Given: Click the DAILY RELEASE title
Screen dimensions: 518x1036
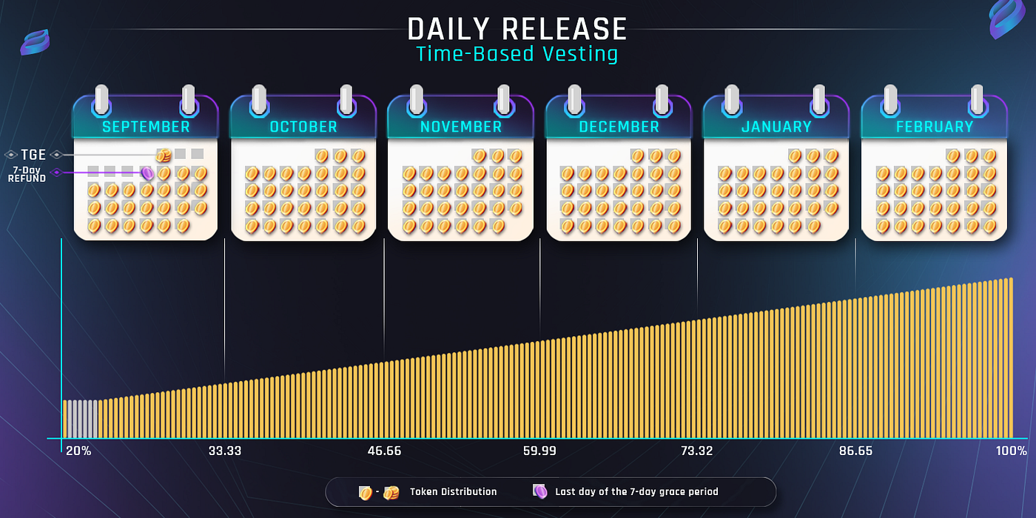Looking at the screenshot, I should point(517,30).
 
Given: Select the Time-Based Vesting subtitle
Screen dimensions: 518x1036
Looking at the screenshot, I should point(517,54).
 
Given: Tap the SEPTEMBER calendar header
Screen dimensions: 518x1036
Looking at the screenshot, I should point(146,127).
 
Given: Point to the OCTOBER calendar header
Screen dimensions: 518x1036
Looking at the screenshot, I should point(303,127).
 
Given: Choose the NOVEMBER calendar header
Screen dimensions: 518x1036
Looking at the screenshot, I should point(461,127).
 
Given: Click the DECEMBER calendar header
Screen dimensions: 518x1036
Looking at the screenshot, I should point(619,127).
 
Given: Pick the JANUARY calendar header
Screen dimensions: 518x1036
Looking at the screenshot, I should point(776,127).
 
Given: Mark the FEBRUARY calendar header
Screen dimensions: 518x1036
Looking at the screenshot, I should point(935,127).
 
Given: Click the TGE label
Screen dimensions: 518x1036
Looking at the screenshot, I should point(33,155).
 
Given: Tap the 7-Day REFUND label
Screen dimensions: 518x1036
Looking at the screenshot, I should point(27,175).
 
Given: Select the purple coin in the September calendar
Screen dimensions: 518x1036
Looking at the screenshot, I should point(147,173).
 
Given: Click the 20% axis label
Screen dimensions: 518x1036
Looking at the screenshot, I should point(78,451).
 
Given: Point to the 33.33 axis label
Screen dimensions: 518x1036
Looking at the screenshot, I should point(225,451).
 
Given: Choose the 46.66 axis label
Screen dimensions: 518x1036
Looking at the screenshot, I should point(383,451).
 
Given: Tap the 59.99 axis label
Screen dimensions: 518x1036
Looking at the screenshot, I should point(539,451).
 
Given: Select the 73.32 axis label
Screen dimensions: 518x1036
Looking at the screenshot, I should point(696,451).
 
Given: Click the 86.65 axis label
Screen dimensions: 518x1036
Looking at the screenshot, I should point(855,451).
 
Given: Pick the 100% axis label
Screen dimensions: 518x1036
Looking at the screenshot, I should point(1011,451).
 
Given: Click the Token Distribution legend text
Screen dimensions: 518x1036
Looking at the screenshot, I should point(453,491).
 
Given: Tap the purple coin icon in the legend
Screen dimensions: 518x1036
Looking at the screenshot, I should point(541,491).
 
